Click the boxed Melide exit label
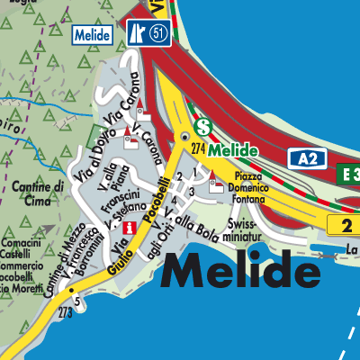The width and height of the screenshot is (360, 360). coord(93,35)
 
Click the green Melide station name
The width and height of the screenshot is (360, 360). coord(234,149)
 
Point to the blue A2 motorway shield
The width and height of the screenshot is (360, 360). coord(307,159)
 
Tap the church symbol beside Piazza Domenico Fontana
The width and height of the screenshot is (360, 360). coord(216,186)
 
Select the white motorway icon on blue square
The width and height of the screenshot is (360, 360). coord(138,34)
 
